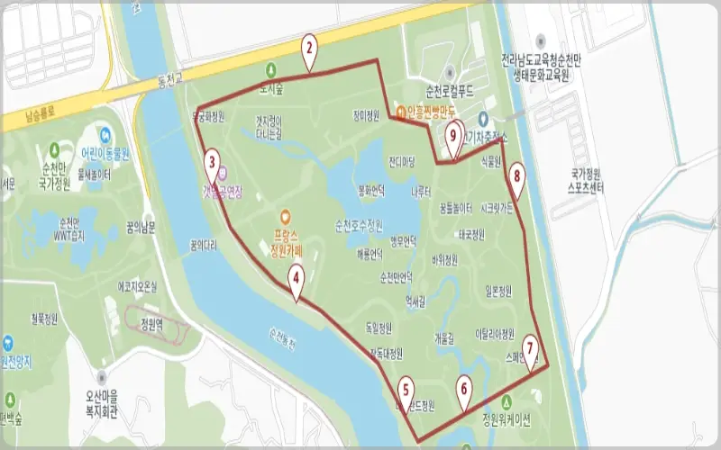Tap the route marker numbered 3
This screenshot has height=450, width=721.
[212, 163]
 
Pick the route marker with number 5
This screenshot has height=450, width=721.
[406, 389]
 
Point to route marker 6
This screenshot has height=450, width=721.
[464, 389]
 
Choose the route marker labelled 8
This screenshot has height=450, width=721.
[516, 175]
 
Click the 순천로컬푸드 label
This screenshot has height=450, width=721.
[451, 92]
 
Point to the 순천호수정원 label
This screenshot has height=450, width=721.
[359, 224]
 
